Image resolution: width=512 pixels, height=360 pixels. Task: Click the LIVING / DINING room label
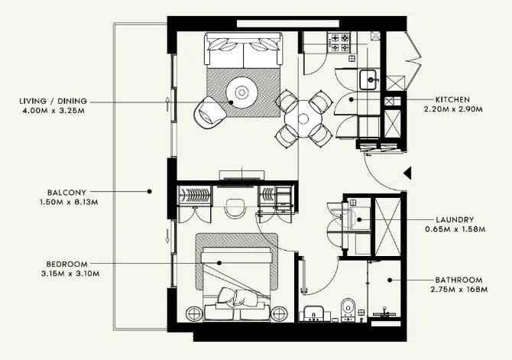point(56,100)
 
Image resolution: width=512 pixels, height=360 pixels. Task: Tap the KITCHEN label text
point(452,99)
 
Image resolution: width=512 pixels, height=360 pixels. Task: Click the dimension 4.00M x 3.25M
point(56,110)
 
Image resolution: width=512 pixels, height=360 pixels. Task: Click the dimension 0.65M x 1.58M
point(454,229)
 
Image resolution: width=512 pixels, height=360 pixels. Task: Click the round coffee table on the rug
point(242,92)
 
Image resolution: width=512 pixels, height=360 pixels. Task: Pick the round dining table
point(303,118)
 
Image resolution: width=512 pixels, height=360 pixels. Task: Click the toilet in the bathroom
point(348,308)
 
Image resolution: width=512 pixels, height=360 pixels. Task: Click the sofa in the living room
point(242,51)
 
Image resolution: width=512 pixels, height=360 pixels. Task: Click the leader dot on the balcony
point(150,192)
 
